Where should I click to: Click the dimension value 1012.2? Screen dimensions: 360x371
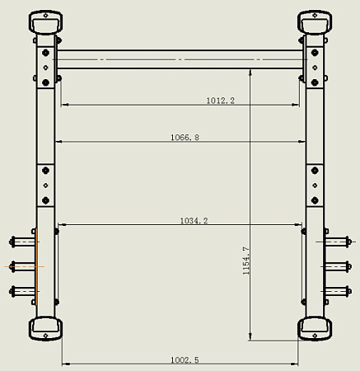(221, 101)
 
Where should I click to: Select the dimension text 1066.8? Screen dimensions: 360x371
(185, 137)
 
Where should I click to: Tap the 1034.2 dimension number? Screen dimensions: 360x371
(194, 221)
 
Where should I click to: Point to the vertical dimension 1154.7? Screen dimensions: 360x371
(246, 261)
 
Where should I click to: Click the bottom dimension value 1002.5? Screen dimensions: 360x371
(185, 360)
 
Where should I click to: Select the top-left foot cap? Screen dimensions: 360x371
(45, 22)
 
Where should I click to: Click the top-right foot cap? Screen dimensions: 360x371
(315, 22)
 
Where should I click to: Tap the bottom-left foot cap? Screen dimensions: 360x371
(45, 329)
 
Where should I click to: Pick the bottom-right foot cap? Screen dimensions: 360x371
(315, 329)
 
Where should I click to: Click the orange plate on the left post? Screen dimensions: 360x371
(36, 266)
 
